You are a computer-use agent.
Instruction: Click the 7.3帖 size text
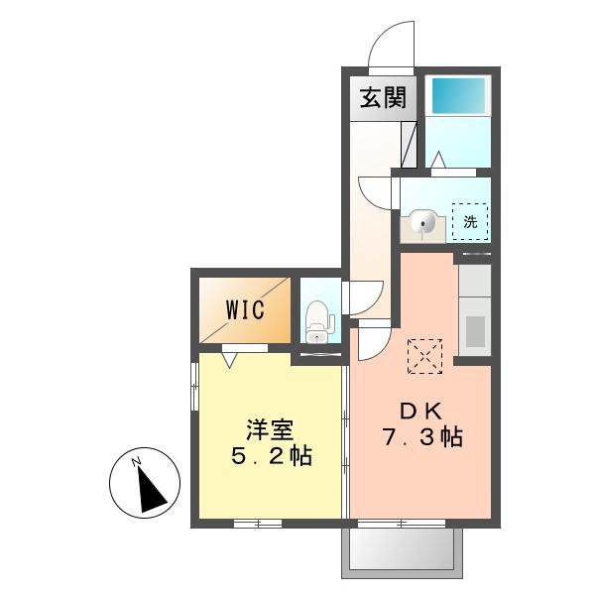(x=423, y=436)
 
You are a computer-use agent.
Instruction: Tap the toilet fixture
(x=318, y=316)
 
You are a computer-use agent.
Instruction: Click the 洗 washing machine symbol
(x=470, y=221)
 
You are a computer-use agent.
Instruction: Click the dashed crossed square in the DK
(x=425, y=355)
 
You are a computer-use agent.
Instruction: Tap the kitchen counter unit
(x=473, y=307)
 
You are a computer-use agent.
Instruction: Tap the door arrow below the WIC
(x=231, y=358)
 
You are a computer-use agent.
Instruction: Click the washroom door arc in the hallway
(x=375, y=192)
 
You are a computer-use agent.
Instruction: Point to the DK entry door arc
(x=373, y=343)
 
